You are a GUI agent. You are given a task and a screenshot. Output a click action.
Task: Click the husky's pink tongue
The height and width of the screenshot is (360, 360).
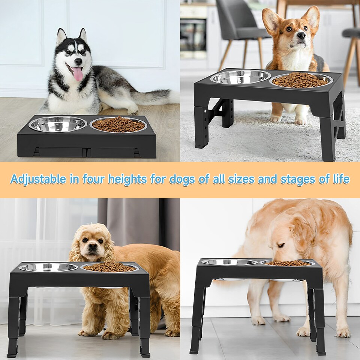click(x=78, y=74)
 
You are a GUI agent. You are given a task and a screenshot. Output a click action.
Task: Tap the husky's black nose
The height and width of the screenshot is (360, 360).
click(x=78, y=61)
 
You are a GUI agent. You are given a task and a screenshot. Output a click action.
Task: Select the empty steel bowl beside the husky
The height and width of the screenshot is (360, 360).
click(x=58, y=124)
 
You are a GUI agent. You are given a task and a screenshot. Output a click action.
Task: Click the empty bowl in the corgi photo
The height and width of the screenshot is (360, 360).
click(x=240, y=77)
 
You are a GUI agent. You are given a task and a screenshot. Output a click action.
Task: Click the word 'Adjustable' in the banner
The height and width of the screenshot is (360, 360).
click(x=37, y=179)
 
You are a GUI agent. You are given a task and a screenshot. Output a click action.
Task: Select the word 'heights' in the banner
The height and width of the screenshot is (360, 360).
click(x=128, y=179)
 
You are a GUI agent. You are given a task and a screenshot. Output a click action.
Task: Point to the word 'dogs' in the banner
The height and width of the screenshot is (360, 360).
click(x=182, y=179)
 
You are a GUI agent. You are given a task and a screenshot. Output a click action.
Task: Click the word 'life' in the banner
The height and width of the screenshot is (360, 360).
click(x=341, y=179)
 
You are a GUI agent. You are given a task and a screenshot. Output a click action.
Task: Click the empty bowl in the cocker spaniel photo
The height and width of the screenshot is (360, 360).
click(x=48, y=267)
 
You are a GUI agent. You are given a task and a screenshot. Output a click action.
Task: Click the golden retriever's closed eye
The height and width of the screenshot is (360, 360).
click(x=280, y=245)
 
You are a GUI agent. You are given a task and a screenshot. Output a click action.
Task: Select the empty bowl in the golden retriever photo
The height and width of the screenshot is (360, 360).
click(x=229, y=262)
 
